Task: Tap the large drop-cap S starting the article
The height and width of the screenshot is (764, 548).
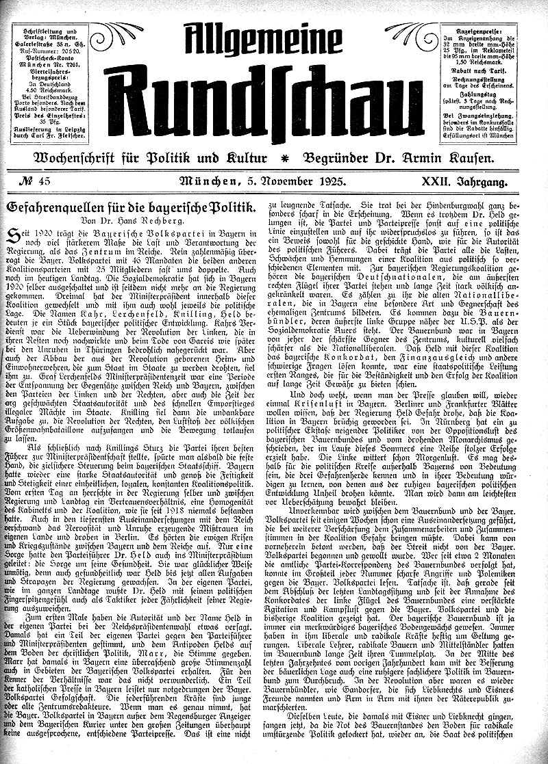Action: point(13,237)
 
